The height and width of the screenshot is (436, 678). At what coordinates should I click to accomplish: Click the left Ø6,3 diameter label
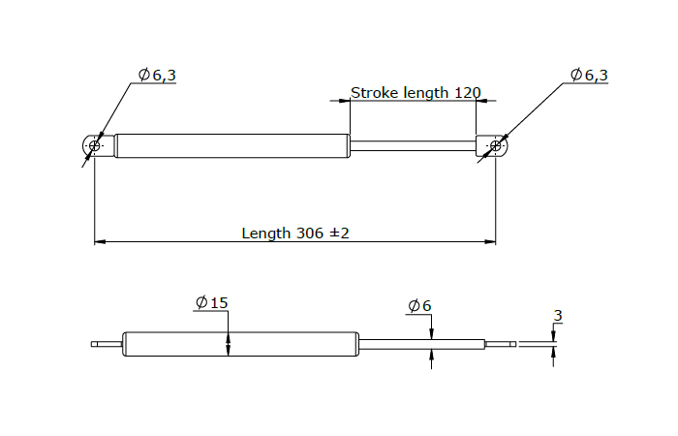coord(157,75)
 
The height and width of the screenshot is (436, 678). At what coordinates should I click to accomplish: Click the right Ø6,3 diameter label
coord(589,75)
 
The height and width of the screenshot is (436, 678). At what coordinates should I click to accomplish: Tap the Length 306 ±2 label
coord(294,234)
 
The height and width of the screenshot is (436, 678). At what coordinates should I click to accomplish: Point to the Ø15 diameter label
coord(211,303)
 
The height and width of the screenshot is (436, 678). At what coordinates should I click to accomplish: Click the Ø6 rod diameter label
coord(419,306)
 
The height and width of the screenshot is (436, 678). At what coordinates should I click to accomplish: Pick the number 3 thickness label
coord(557,316)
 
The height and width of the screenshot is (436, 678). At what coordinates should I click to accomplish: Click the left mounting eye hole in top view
coord(94,146)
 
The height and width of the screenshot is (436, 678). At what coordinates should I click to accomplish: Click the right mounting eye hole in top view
coord(496,146)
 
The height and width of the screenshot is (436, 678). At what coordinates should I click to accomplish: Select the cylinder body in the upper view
coord(232,145)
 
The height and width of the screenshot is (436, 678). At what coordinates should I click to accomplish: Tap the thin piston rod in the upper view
coord(412,146)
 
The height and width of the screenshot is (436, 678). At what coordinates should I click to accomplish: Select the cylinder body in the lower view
coord(242,344)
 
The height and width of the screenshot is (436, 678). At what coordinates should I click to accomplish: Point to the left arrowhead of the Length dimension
coord(100,242)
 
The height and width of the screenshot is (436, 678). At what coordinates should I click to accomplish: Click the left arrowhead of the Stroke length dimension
coord(354,101)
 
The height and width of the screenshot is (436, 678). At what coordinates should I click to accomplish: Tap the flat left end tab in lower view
coord(106,344)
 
